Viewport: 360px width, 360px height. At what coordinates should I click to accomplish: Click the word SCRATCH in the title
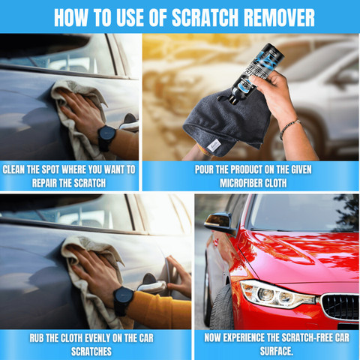(x=205, y=18)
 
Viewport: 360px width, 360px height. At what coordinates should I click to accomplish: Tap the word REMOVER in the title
(x=279, y=18)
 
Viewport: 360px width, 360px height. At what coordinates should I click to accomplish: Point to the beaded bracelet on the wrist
(x=289, y=128)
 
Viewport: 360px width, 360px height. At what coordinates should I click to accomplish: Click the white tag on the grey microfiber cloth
(x=214, y=145)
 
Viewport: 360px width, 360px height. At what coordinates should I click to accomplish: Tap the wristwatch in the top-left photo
(x=106, y=137)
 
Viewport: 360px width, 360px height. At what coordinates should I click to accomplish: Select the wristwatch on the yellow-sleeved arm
(x=123, y=301)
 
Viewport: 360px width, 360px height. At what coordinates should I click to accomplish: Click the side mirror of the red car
(x=220, y=222)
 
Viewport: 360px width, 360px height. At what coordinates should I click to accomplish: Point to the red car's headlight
(x=277, y=294)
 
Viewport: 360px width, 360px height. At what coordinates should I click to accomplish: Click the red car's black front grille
(x=340, y=306)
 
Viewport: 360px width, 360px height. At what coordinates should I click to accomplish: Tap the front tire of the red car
(x=222, y=307)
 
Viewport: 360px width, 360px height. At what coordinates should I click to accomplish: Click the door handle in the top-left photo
(x=129, y=124)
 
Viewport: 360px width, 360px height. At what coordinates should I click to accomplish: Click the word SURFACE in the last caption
(x=275, y=351)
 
